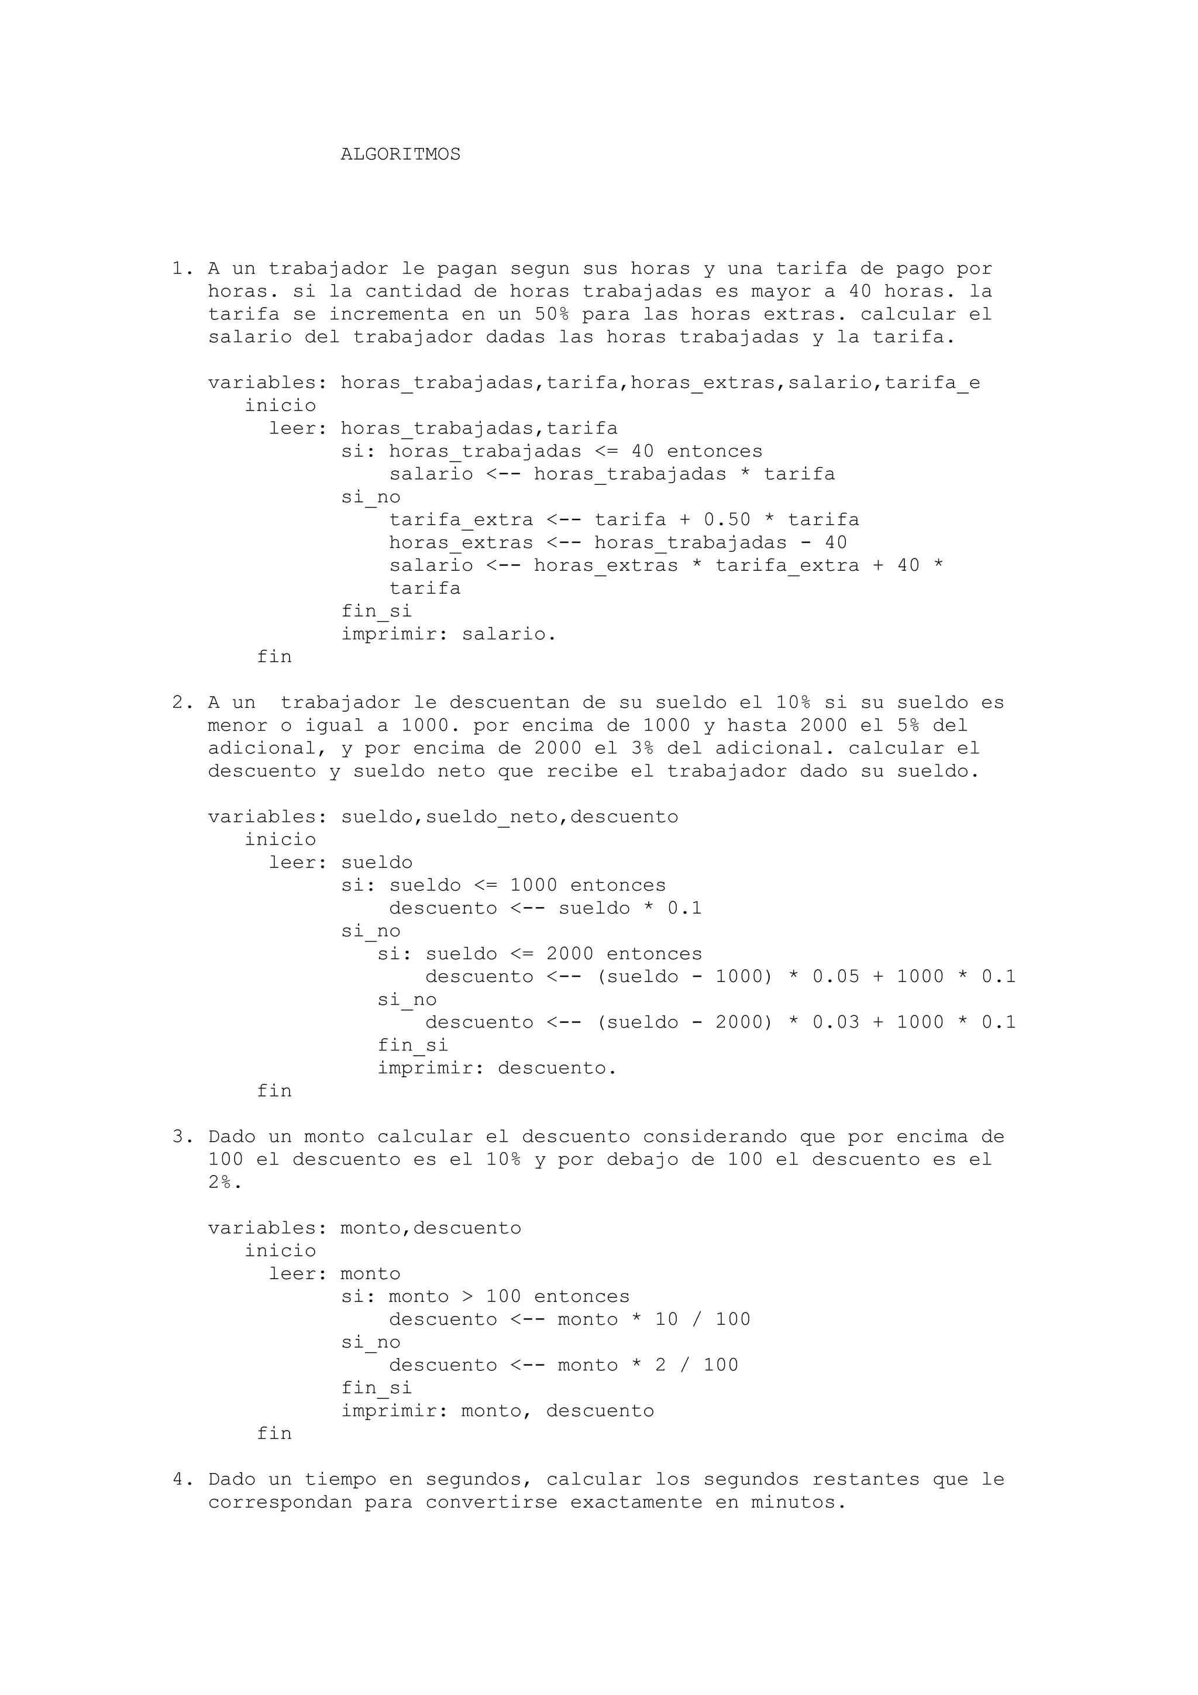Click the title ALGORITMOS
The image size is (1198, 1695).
[400, 154]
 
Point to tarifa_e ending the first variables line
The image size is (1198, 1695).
[932, 383]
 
